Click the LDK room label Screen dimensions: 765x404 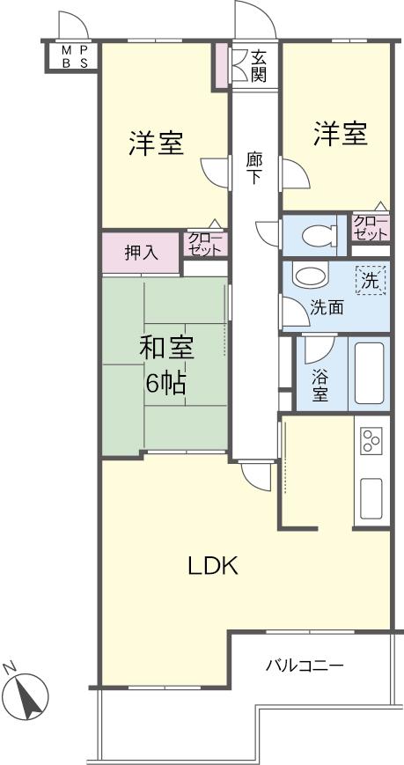[213, 566]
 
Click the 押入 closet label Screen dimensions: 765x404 [141, 254]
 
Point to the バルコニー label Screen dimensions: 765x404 [305, 665]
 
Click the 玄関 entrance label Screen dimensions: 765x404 [258, 66]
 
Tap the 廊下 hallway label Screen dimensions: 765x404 [254, 168]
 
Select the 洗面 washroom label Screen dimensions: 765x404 [326, 308]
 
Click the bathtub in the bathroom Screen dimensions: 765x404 [369, 372]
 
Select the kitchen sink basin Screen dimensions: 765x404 [370, 498]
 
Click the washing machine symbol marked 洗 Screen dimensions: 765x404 [371, 282]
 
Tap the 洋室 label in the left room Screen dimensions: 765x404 [157, 143]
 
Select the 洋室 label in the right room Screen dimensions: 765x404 [340, 135]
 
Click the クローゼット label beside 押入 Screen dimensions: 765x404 [205, 244]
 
